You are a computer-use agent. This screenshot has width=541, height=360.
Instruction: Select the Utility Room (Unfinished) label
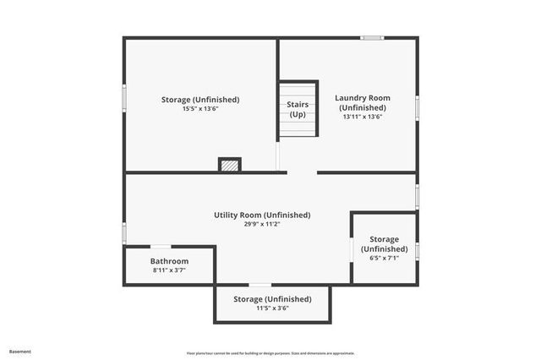click(x=262, y=215)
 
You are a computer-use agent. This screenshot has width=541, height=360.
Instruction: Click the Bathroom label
click(x=170, y=261)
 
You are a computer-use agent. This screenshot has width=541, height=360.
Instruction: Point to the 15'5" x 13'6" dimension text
click(x=200, y=109)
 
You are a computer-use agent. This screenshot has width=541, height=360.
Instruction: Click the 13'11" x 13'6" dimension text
click(x=363, y=117)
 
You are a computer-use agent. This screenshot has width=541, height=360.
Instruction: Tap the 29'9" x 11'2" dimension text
click(x=262, y=225)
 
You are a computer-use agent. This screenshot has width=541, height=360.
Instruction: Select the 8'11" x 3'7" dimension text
click(x=170, y=270)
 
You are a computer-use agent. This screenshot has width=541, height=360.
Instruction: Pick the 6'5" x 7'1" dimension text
click(x=385, y=259)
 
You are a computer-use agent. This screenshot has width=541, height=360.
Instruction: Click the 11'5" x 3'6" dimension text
click(x=272, y=308)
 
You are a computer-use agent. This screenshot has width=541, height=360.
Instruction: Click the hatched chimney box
click(x=230, y=165)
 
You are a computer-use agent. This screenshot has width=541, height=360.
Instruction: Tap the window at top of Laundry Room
click(x=372, y=37)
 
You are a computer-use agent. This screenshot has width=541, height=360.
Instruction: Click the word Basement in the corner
click(x=20, y=351)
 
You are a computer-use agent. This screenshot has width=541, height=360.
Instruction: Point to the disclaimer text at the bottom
click(x=270, y=352)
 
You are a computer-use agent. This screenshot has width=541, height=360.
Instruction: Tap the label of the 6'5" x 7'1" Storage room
click(x=385, y=244)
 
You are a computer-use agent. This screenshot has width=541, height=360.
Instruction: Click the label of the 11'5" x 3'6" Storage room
click(x=272, y=299)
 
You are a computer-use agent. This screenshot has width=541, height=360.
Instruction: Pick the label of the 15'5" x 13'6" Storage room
click(x=200, y=100)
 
